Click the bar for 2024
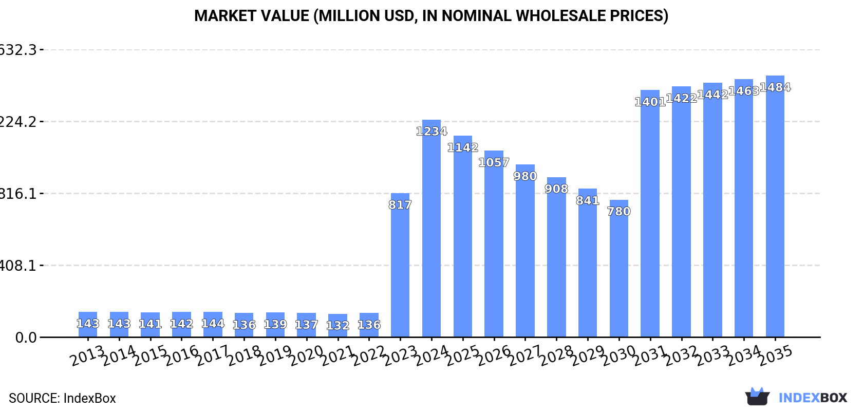pos(431,229)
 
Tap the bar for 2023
pos(400,265)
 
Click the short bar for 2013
pos(88,325)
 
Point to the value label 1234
pos(431,132)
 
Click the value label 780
pos(618,212)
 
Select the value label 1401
pos(650,102)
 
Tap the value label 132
pos(337,326)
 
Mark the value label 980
pos(525,176)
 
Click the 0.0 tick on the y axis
pos(26,338)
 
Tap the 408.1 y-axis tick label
pos(18,266)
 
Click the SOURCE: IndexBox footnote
pos(62,398)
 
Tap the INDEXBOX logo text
pos(813,398)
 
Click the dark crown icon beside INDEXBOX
pos(757,397)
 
